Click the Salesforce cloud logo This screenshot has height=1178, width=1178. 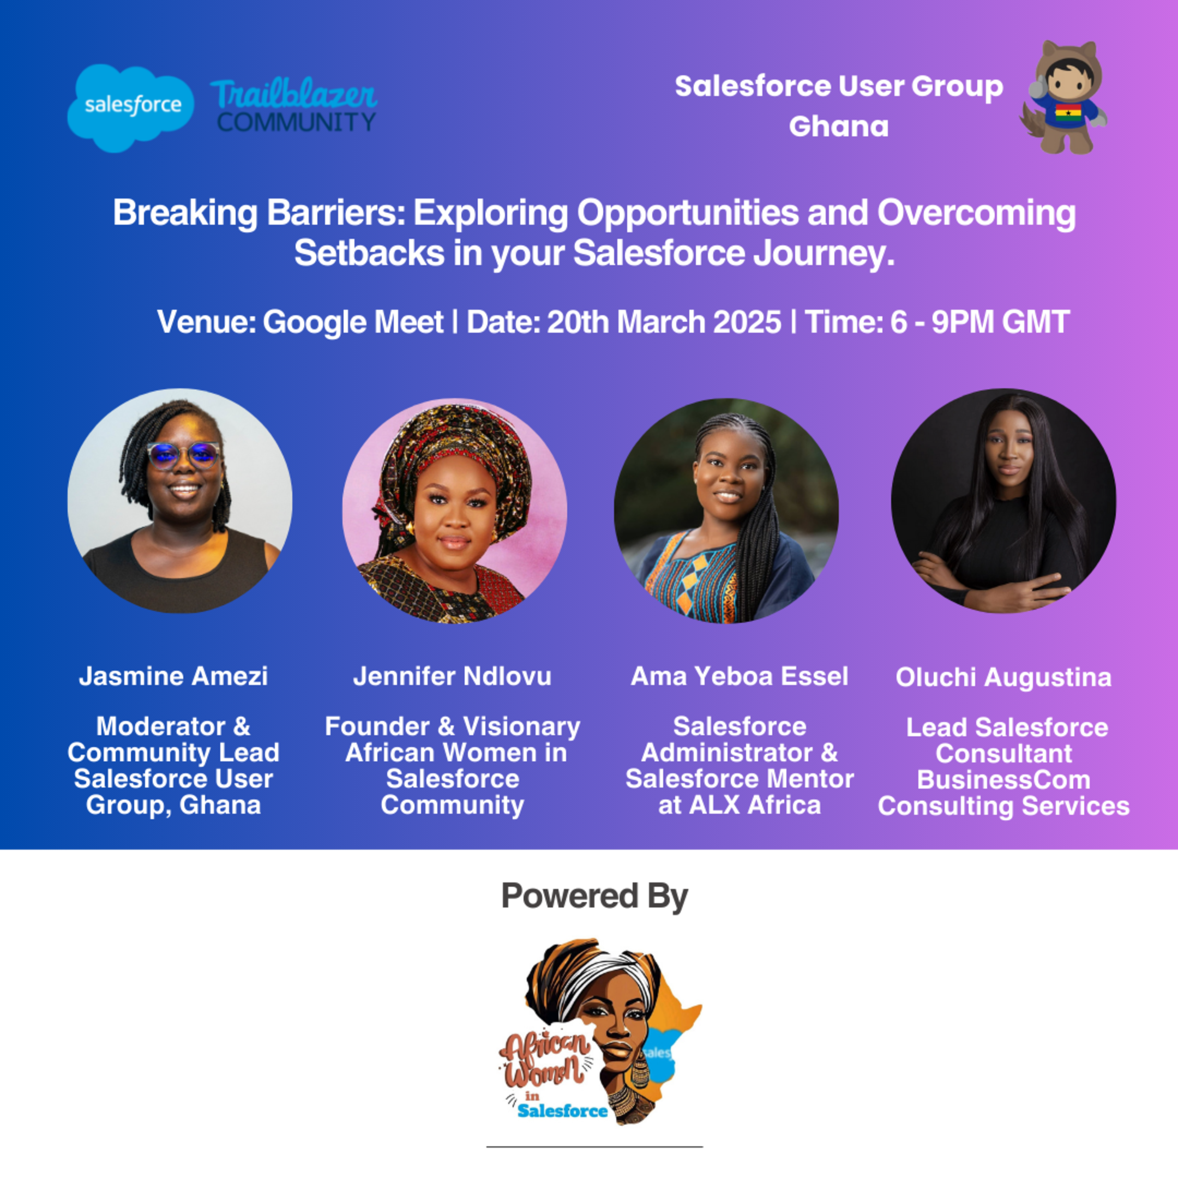(130, 107)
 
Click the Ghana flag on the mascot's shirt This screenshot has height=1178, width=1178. (1068, 113)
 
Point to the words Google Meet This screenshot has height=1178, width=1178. (353, 322)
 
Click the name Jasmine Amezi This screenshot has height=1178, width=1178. (174, 676)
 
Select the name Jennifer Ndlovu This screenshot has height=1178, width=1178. (453, 676)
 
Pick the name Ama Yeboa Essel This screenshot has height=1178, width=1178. (739, 676)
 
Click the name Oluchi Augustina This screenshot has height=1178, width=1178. (1003, 677)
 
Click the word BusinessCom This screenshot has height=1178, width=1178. (1003, 780)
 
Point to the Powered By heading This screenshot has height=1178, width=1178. (594, 895)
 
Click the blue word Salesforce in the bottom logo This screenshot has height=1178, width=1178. (562, 1111)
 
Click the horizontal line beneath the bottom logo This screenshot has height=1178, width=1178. (594, 1147)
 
